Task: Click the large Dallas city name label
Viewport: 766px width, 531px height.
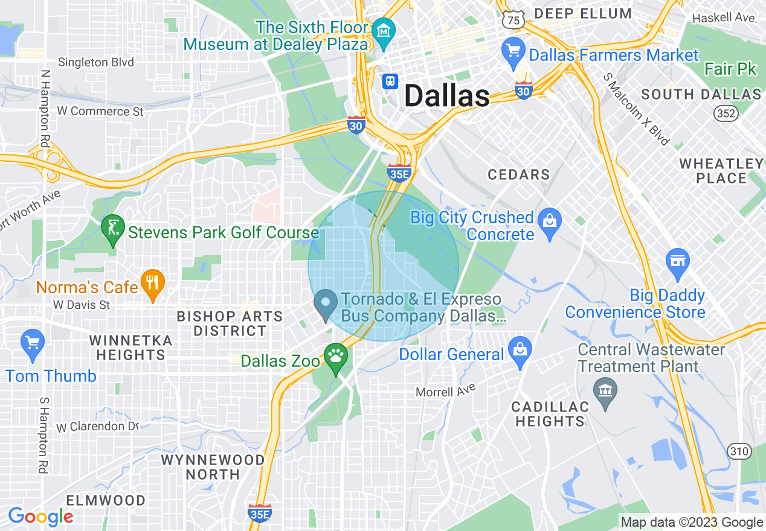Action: coord(446,96)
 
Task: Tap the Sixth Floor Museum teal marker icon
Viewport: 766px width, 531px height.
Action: coord(384,30)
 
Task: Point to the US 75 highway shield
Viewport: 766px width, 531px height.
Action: coord(513,20)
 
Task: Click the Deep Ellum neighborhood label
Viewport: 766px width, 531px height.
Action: coord(583,13)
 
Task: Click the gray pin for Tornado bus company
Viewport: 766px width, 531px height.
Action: coord(326,305)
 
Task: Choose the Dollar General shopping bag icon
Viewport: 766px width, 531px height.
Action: coord(519,348)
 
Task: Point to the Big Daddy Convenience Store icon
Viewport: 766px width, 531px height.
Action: coord(677,262)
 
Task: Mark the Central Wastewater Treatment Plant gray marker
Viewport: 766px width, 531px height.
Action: coord(605,392)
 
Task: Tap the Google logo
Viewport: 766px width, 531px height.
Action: coord(40,517)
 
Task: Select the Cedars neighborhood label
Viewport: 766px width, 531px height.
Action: coord(519,175)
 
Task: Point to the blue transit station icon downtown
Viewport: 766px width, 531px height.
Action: coord(390,81)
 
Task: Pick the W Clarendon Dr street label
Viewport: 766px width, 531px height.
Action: coord(98,427)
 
